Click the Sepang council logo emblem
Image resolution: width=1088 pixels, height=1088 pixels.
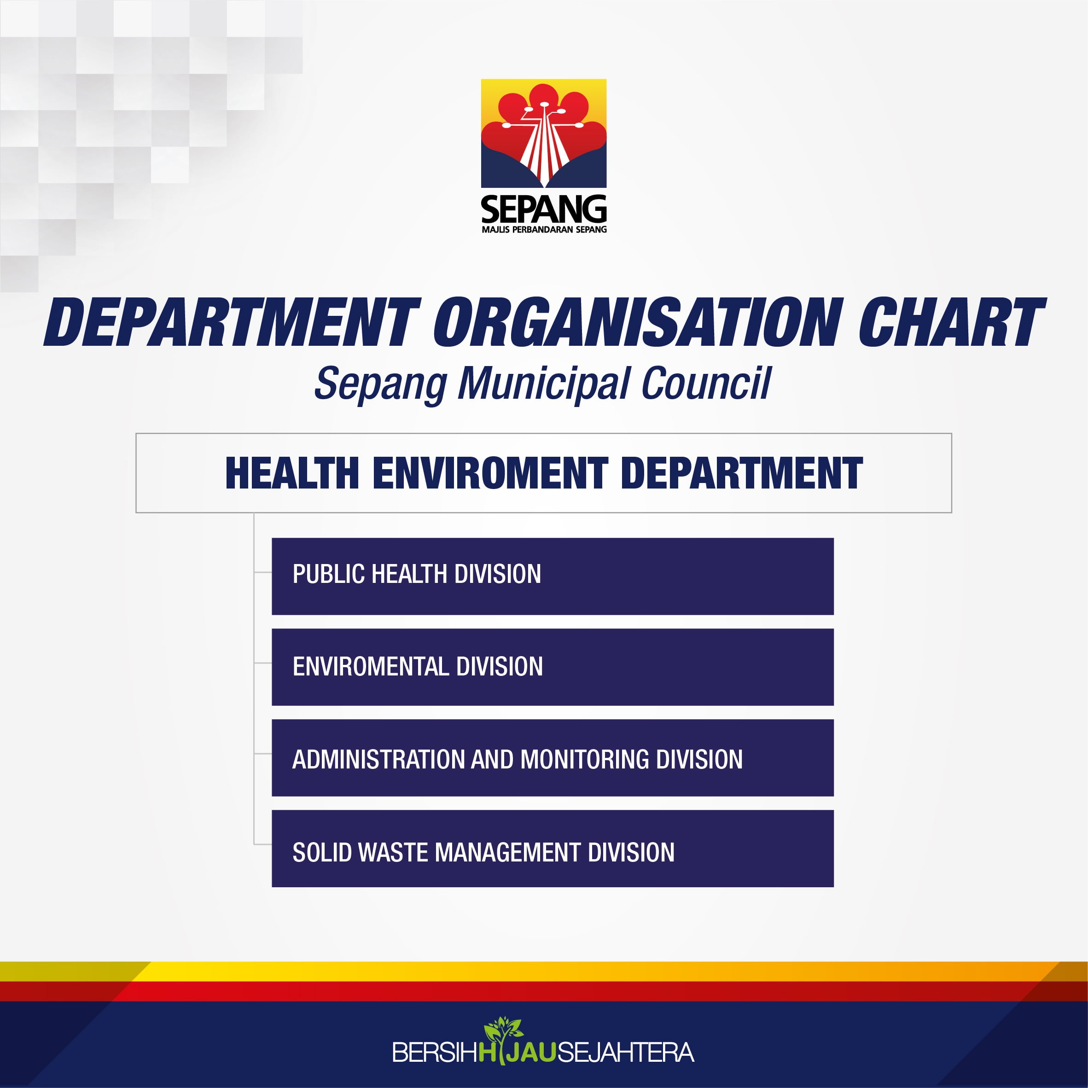[543, 134]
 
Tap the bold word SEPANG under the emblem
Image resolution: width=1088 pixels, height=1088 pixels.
[543, 209]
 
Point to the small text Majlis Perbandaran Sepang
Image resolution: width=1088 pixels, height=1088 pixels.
[544, 229]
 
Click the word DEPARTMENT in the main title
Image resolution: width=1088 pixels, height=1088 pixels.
[232, 322]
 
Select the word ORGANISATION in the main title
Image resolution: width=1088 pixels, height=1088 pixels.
[638, 322]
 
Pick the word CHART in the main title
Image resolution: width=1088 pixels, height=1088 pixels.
[951, 322]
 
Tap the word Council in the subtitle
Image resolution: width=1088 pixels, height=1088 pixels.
[706, 384]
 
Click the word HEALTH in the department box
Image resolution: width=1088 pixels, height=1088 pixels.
[292, 473]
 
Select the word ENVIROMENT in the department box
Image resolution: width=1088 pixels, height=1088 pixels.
[490, 473]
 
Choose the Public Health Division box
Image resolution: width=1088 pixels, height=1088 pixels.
[553, 576]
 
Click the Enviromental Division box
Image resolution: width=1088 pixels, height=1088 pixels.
[553, 667]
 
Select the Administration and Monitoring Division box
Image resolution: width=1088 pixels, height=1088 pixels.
[553, 757]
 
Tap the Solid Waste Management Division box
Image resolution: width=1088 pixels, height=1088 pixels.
[553, 849]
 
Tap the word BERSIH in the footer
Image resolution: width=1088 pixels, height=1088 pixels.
[435, 1053]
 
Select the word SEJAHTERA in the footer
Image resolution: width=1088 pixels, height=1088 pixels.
[625, 1053]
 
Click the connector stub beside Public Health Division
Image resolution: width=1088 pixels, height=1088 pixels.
[263, 573]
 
